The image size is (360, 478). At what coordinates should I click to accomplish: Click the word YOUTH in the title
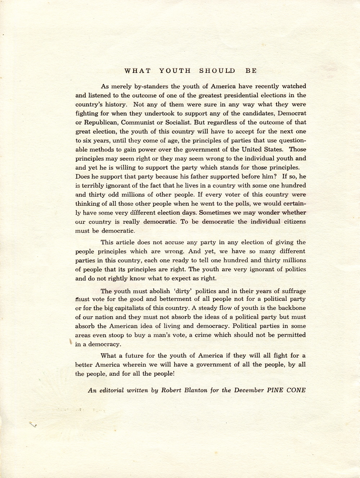175,71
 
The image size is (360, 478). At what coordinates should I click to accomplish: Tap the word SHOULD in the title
217,71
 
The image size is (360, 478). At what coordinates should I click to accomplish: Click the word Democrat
292,113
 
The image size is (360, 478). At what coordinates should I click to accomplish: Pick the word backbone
291,308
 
